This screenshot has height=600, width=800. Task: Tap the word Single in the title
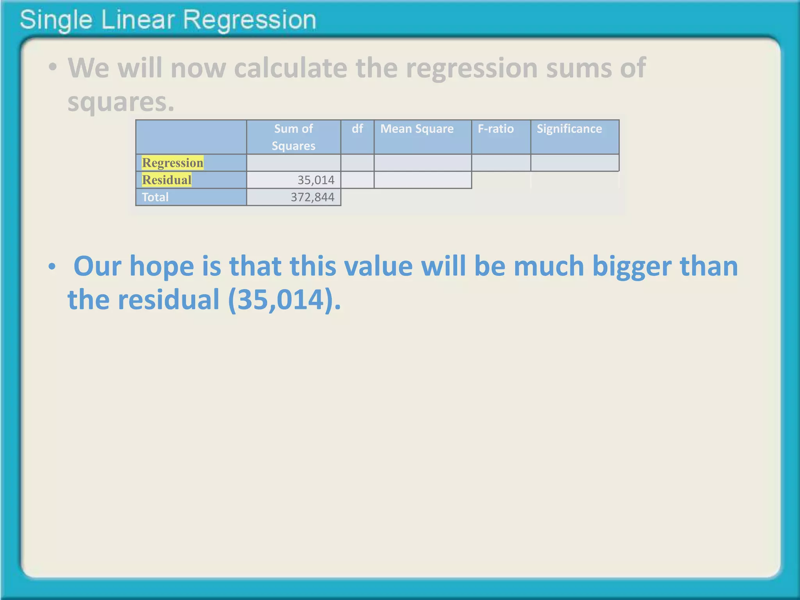click(x=55, y=20)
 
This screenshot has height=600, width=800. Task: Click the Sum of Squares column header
click(x=293, y=137)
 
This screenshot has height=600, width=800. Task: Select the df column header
click(x=357, y=129)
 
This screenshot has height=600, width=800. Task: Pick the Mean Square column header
click(x=417, y=129)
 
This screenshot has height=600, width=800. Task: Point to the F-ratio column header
click(x=495, y=129)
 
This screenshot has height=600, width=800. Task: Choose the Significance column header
click(x=569, y=129)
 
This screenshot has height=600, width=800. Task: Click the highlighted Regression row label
click(x=172, y=162)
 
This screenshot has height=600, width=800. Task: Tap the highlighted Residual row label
click(x=166, y=180)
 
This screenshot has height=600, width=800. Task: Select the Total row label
click(x=155, y=197)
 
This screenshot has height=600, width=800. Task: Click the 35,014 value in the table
click(x=316, y=180)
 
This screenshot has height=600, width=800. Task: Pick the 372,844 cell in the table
click(x=312, y=197)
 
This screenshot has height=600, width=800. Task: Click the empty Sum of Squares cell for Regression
click(x=293, y=162)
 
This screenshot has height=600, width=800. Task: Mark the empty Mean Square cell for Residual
click(x=423, y=180)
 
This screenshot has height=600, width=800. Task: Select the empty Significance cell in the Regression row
click(x=575, y=162)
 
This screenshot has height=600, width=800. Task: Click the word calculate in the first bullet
click(x=291, y=68)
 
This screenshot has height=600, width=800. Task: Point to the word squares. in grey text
click(x=121, y=102)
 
